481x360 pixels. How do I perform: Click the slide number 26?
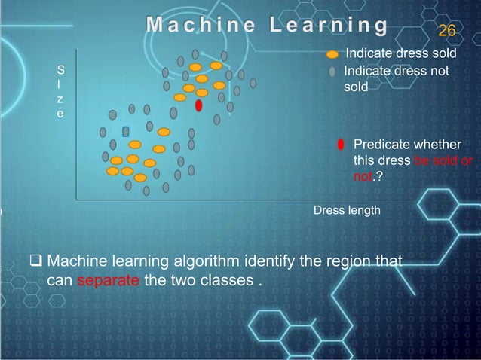tap(446, 31)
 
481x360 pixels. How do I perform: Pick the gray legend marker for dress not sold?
tap(332, 72)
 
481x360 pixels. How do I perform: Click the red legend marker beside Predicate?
tap(341, 145)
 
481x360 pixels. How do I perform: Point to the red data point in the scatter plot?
tap(198, 106)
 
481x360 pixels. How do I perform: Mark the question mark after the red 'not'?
tap(377, 177)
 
